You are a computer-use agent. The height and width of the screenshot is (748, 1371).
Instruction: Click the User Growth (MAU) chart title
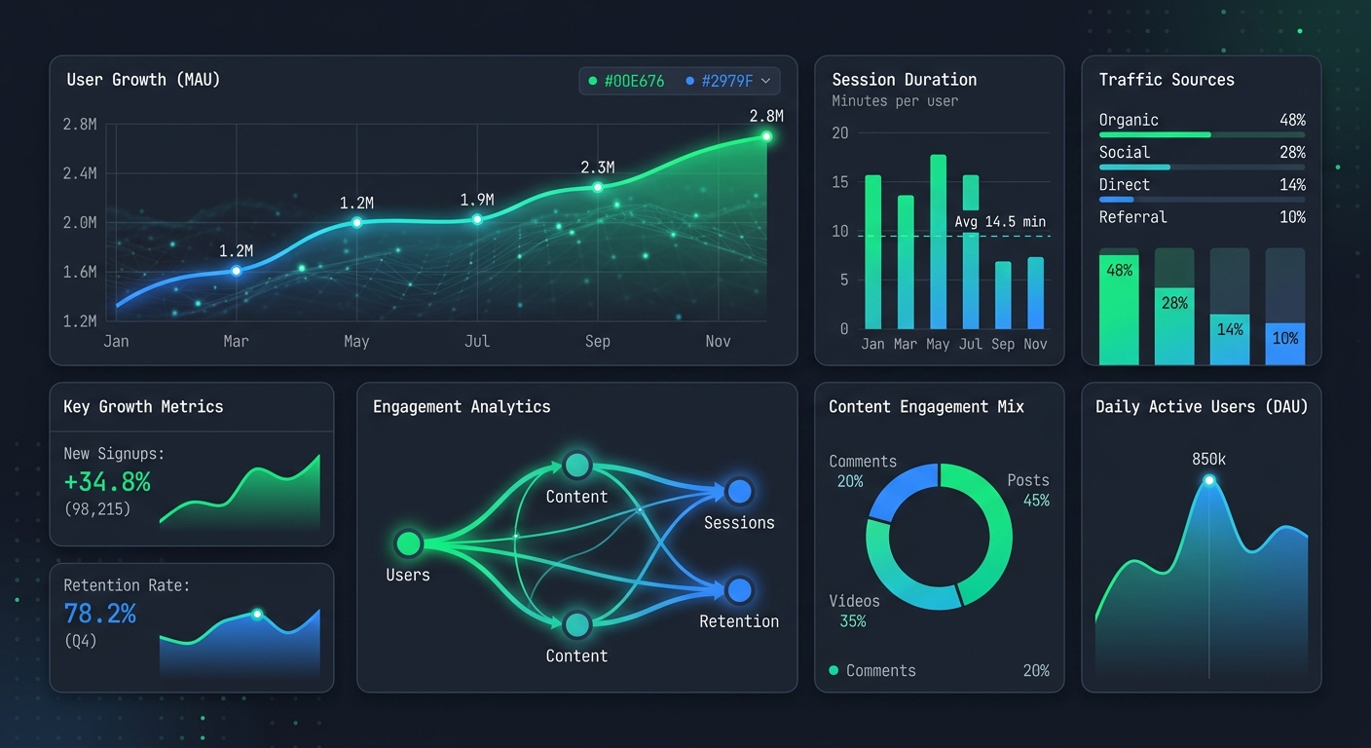pos(143,80)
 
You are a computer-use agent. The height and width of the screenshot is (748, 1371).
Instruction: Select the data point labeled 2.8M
pos(766,136)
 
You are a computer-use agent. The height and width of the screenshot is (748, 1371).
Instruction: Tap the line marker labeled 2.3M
pos(598,187)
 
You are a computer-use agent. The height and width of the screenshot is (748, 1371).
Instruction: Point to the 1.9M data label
pos(477,201)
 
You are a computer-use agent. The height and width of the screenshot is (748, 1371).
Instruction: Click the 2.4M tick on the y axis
pos(79,173)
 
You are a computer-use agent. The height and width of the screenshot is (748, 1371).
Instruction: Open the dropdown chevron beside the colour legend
pos(765,81)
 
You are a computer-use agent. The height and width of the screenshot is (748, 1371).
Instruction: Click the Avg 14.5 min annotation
pos(1000,222)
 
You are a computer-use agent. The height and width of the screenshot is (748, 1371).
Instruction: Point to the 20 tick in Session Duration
pos(840,132)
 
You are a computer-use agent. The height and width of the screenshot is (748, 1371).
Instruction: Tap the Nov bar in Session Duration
pos(1035,293)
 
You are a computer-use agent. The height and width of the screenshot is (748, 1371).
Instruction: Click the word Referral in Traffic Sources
pos(1132,217)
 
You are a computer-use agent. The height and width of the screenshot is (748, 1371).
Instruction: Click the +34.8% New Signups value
pos(107,481)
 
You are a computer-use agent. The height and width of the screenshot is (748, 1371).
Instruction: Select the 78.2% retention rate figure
pos(100,614)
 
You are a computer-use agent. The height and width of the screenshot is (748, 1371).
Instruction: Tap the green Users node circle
pos(408,542)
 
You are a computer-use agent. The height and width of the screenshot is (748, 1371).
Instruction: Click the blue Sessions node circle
pos(739,491)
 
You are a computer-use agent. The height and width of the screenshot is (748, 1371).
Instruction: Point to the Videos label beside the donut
pos(854,601)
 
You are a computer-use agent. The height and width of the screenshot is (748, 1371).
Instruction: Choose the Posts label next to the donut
pos(1028,480)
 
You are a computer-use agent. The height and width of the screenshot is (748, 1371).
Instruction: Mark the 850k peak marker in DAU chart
pos(1209,480)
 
